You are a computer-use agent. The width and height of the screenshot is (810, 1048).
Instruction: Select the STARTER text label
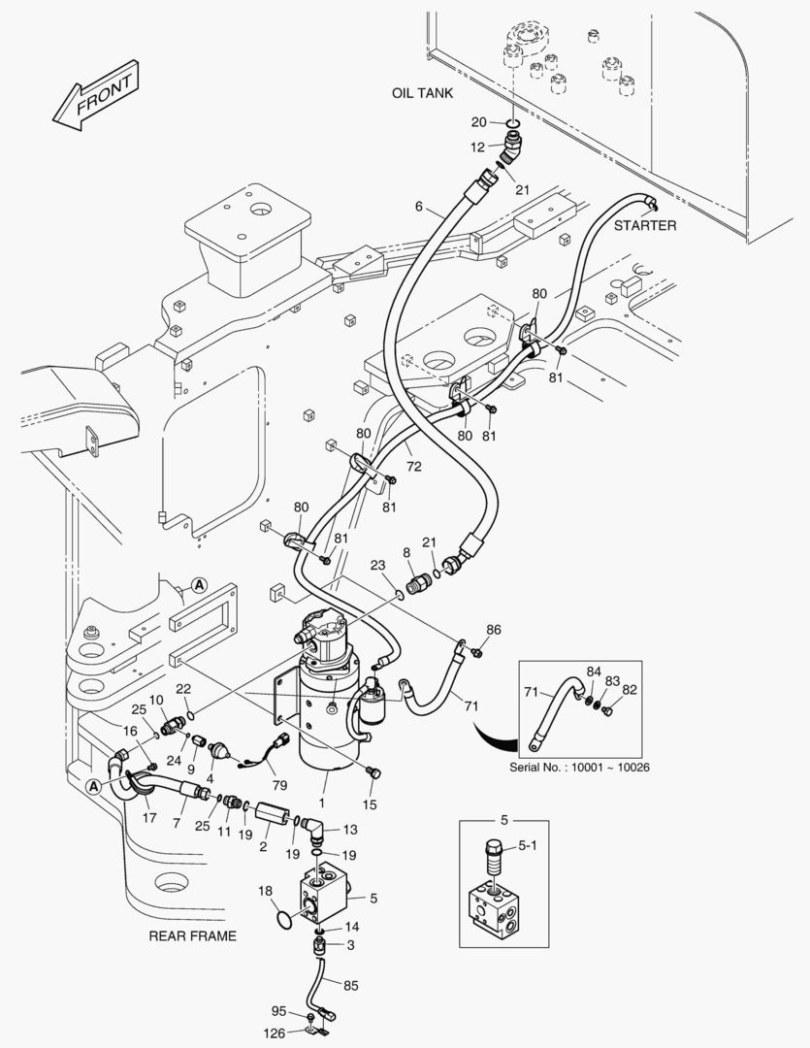(645, 225)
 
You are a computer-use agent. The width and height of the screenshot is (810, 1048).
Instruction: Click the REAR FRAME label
(192, 936)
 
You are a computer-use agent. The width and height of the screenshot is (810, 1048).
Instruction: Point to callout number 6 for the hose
(419, 206)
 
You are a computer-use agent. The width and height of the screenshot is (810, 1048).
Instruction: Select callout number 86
(494, 630)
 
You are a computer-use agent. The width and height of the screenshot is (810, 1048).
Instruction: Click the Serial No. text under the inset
(578, 767)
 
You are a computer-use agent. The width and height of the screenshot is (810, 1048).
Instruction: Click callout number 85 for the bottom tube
(350, 985)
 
